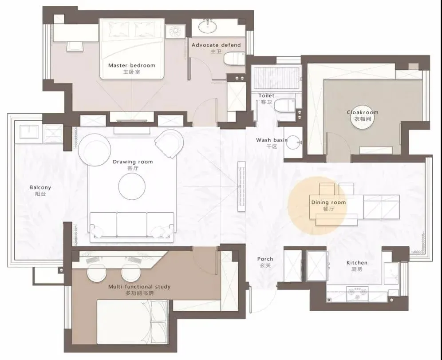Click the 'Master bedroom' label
132,65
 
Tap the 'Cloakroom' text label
363,112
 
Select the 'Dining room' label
328,202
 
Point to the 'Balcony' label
40,187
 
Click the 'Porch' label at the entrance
265,259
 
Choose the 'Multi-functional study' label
139,287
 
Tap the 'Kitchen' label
357,263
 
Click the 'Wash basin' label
272,140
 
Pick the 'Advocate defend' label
216,45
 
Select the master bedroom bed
132,49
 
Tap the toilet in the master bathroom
234,59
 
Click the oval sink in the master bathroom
208,27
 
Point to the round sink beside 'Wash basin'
293,142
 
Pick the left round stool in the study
96,273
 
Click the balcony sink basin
29,132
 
